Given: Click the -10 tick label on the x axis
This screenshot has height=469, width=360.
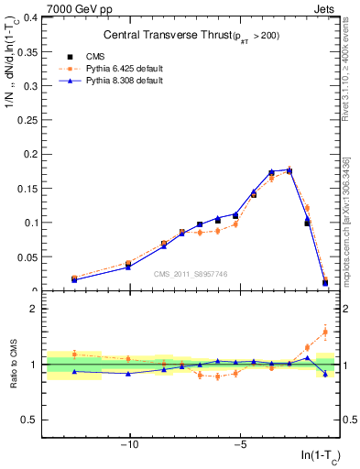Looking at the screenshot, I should click(x=129, y=446).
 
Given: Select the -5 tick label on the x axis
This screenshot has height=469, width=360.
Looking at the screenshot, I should click(x=240, y=446).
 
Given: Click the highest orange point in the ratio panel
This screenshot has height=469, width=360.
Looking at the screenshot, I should click(x=325, y=332).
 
